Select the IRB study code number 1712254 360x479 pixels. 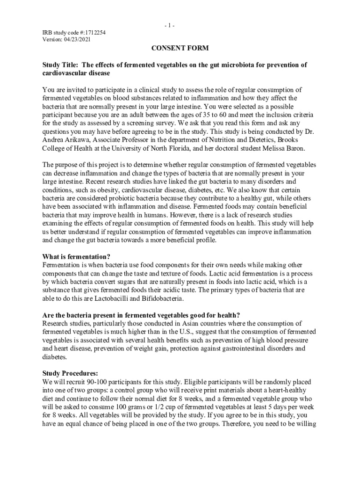(94, 32)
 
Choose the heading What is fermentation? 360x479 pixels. (76, 257)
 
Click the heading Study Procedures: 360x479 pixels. (70, 373)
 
